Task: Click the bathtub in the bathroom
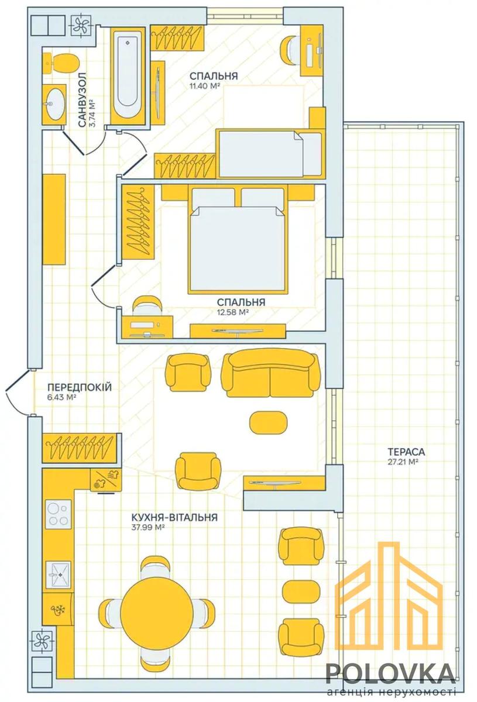[x=128, y=76]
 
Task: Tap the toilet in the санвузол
[x=61, y=63]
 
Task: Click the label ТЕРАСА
[x=406, y=452]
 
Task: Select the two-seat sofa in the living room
[x=271, y=373]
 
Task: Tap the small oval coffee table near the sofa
[x=268, y=422]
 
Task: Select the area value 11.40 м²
[x=204, y=86]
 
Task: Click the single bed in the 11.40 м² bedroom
[x=270, y=153]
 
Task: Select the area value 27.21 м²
[x=403, y=462]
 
